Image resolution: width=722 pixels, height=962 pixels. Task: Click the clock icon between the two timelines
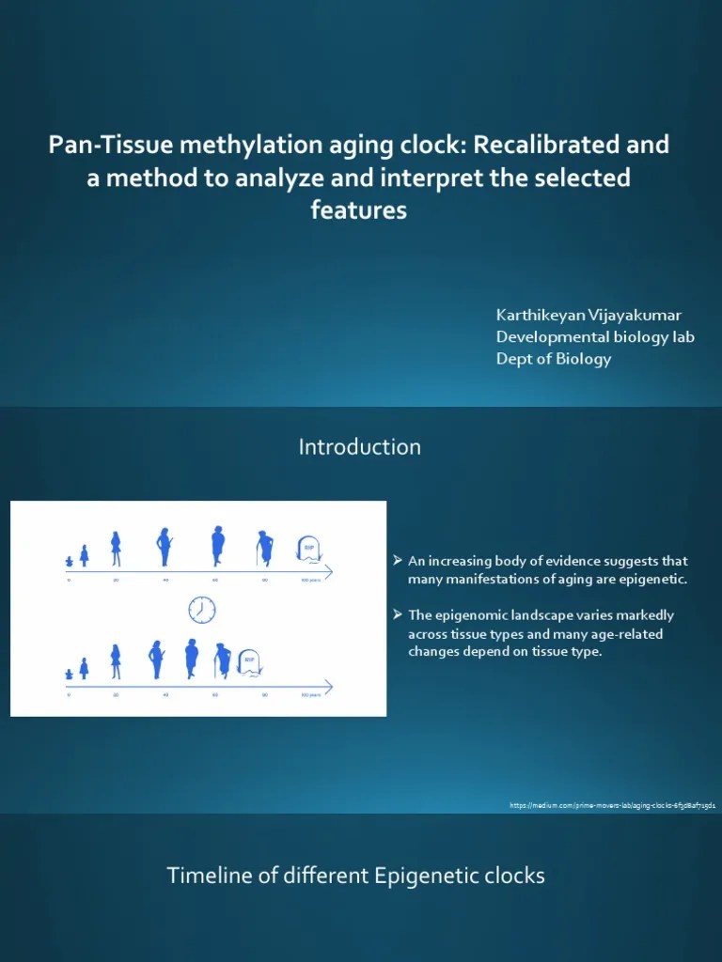tap(201, 610)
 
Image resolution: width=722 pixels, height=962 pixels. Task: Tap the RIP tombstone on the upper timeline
tap(307, 549)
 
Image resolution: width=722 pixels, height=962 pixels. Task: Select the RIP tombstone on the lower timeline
tap(249, 661)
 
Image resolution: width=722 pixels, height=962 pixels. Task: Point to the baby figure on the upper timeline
tap(70, 561)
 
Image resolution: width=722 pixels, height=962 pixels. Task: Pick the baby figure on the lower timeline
tap(70, 674)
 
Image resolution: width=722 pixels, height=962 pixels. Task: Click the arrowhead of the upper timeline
tap(329, 568)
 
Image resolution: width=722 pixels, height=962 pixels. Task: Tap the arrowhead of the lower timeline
tap(329, 683)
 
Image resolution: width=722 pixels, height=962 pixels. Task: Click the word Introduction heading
tap(360, 447)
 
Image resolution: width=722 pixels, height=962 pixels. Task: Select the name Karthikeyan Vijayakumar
tap(589, 315)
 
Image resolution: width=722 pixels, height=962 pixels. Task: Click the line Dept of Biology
tap(553, 358)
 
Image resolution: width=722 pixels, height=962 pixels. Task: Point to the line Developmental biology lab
tap(595, 336)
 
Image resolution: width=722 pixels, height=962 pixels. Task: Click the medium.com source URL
tap(612, 806)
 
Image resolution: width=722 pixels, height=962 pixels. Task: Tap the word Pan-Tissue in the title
tap(103, 146)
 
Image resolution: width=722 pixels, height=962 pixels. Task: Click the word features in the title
tap(358, 210)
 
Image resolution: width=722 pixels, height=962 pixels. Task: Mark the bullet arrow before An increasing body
tap(398, 561)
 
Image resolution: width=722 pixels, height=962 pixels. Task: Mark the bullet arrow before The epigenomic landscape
tap(398, 615)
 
